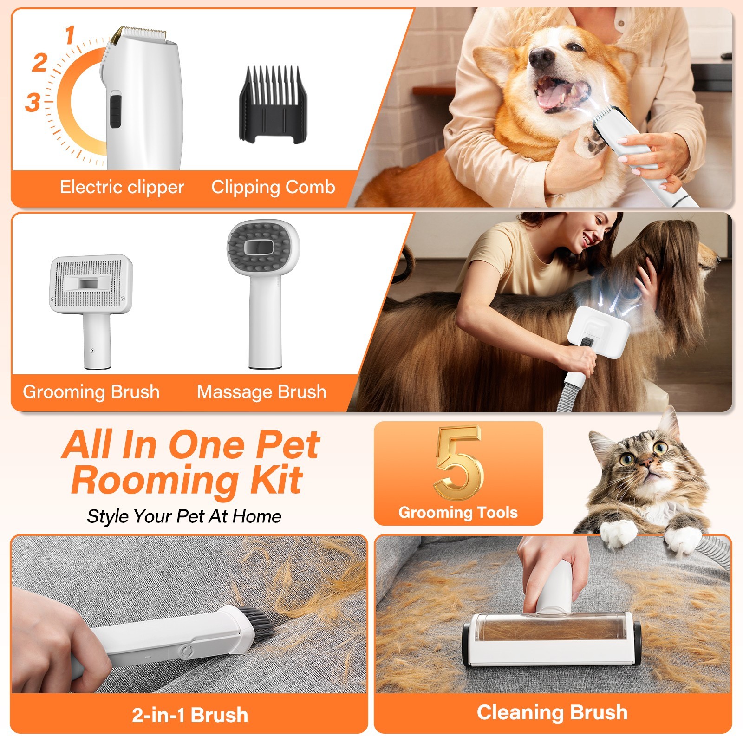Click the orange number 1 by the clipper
[x=70, y=35]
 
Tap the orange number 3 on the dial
[x=33, y=103]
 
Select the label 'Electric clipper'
[x=122, y=187]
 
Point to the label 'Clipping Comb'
[x=273, y=187]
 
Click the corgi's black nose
[x=540, y=57]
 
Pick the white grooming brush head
[x=91, y=283]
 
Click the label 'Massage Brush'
[x=261, y=392]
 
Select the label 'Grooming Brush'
[x=91, y=392]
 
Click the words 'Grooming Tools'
[x=458, y=512]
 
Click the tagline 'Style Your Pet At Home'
[x=184, y=516]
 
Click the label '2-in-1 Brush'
[x=190, y=715]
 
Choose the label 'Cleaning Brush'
[x=552, y=712]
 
